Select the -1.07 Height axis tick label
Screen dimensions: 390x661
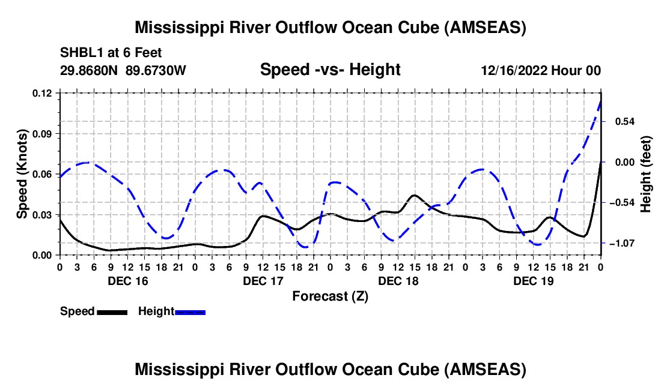619,244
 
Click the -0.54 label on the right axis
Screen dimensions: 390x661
619,203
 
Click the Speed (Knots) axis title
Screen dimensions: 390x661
22,173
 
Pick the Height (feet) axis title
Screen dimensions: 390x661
646,173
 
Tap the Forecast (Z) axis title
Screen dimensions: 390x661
330,296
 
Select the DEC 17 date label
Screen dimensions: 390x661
263,281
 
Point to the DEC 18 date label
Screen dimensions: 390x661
398,281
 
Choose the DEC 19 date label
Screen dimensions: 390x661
534,281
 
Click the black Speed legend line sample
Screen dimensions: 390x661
112,312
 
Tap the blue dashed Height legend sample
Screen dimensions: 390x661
190,312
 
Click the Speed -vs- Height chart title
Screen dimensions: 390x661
330,70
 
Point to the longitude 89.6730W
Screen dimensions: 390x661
156,70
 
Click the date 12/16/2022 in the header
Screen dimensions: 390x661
514,70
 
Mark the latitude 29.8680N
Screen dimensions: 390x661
90,70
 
